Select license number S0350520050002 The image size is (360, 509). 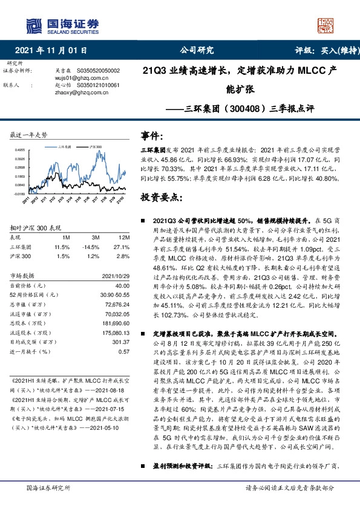[x=96, y=71]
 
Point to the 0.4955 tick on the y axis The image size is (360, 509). [x=19, y=149]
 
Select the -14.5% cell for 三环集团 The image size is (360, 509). [x=90, y=247]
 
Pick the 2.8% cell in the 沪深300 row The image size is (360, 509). [x=123, y=256]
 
